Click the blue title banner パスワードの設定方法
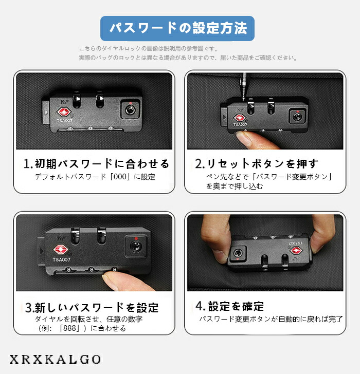pos(177,28)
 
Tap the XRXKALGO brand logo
pos(55,360)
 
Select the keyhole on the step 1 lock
pos(130,110)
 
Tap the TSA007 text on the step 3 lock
pos(61,259)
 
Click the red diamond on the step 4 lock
pos(296,251)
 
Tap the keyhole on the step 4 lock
pos(238,253)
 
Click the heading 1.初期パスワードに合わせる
pos(96,163)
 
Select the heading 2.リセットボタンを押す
pos(257,163)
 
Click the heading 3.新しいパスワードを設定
pos(92,307)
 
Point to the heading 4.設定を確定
pos(230,306)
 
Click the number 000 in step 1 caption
pos(120,177)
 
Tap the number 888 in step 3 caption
pos(69,328)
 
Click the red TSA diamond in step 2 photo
pos(240,118)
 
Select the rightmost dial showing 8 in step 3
pos(115,270)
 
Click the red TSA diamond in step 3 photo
pos(61,250)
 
